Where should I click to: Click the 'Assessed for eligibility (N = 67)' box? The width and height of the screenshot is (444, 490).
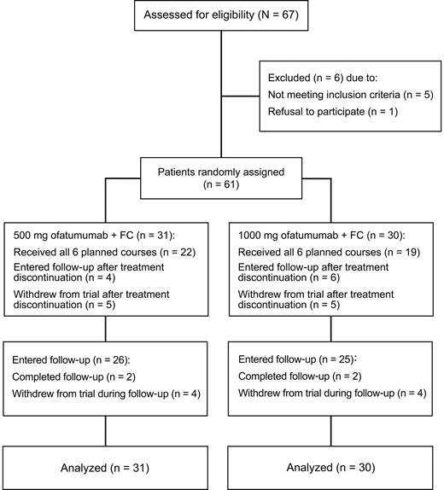pyautogui.click(x=221, y=18)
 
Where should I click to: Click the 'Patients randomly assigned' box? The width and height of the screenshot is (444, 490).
pyautogui.click(x=221, y=178)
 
